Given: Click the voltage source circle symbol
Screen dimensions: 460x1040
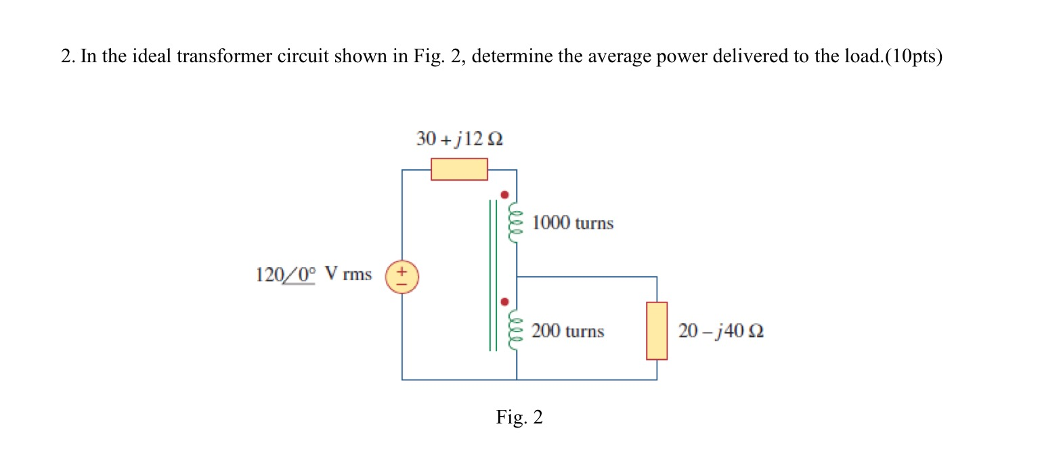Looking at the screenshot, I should point(402,277).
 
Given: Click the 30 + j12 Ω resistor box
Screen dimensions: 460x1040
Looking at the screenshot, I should point(459,169).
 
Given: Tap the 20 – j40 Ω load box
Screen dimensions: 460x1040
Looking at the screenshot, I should point(656,331).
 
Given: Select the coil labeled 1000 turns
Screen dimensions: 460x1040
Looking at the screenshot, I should point(517,222).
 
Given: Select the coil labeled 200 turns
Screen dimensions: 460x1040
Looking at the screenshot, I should point(517,331).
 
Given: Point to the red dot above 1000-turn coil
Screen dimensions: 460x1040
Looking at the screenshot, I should point(504,194).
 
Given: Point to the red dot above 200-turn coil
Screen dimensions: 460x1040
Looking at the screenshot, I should point(504,302).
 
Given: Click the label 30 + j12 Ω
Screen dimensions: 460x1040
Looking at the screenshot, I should point(459,140).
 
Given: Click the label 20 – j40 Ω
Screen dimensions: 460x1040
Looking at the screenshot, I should point(720,331).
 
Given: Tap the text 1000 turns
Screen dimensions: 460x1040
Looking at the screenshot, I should point(572,223).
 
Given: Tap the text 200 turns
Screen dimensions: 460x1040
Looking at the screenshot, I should point(567,331).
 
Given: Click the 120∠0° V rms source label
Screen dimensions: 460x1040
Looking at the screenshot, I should point(313,275).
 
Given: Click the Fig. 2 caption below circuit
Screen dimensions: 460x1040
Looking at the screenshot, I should point(519,417).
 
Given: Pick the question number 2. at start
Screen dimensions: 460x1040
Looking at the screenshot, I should point(67,57).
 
